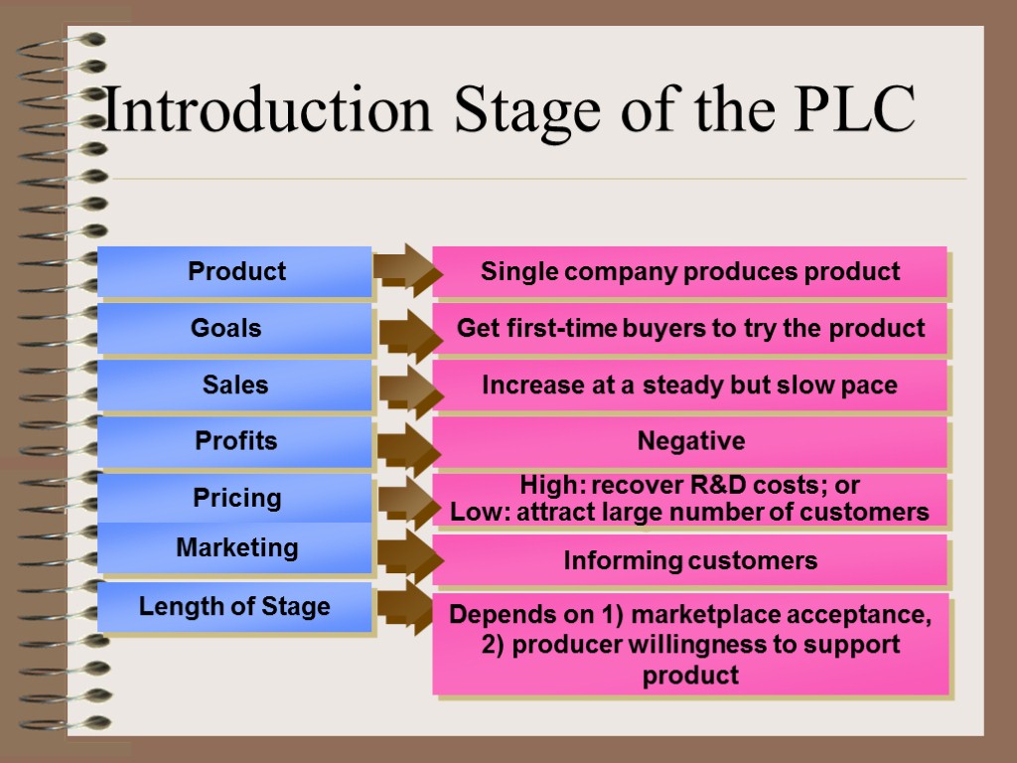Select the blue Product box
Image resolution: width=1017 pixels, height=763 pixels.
point(235,271)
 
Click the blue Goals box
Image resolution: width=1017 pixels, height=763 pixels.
point(235,328)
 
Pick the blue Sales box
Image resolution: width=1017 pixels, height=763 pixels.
point(235,384)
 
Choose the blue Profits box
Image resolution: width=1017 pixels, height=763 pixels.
point(235,441)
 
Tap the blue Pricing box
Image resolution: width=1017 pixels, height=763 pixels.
point(235,497)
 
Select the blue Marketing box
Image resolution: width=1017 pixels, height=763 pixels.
point(235,547)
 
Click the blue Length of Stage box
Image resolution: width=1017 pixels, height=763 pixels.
point(235,606)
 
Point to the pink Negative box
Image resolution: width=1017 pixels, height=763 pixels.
point(690,441)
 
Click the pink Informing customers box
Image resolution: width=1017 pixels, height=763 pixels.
point(690,560)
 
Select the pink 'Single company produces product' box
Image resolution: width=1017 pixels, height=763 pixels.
point(690,271)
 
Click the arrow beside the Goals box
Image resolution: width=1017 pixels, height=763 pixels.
point(408,335)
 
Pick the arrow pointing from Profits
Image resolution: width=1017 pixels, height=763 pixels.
point(408,448)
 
